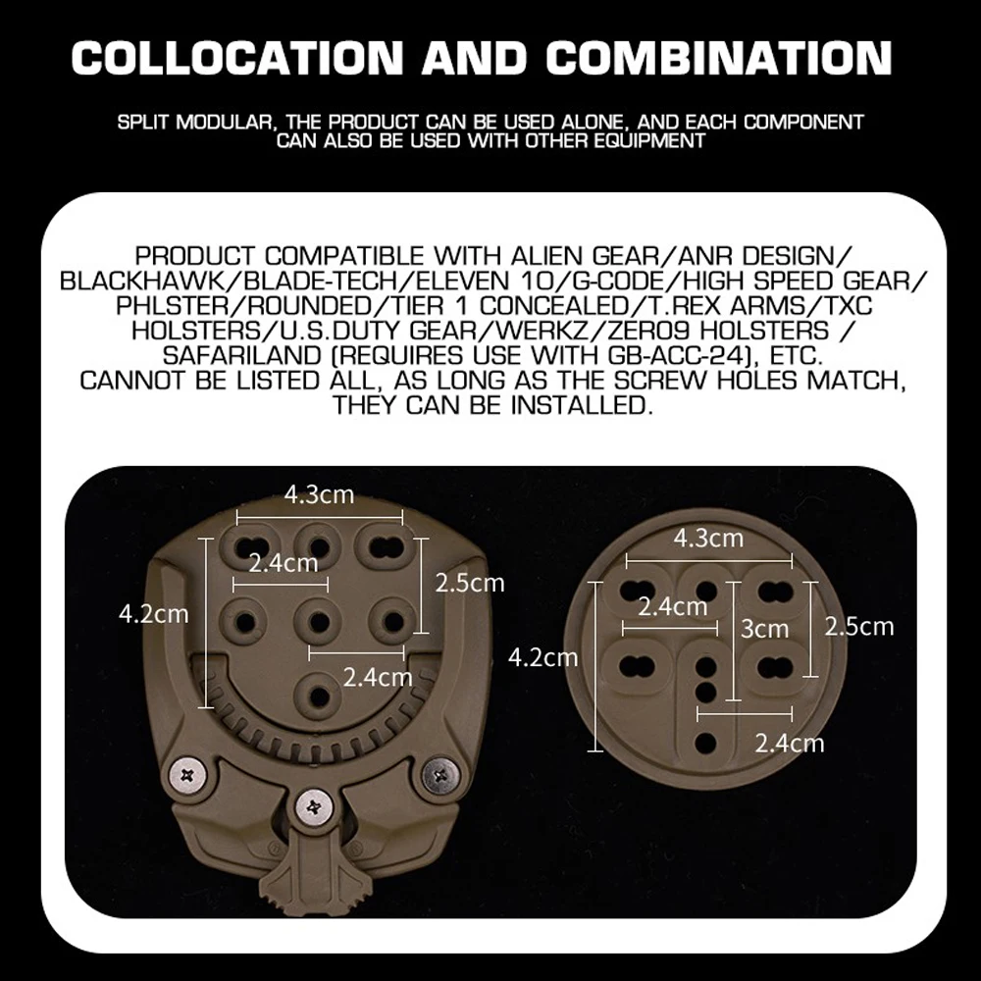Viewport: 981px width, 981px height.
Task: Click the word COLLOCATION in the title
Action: click(x=237, y=58)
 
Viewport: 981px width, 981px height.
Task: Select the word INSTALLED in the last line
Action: click(x=583, y=404)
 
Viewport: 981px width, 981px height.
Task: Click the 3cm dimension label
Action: click(x=764, y=628)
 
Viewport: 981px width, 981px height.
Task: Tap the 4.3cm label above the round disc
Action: click(x=708, y=538)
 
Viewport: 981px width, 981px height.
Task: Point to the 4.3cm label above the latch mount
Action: click(x=319, y=494)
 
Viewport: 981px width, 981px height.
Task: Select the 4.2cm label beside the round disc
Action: click(x=542, y=656)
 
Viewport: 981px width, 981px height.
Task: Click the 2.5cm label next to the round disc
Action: click(x=858, y=626)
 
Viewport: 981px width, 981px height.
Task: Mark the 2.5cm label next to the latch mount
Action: click(x=469, y=583)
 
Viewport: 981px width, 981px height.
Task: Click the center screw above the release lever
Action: click(x=313, y=806)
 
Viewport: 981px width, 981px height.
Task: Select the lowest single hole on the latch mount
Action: click(x=315, y=694)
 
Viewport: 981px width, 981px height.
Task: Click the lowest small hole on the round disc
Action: click(x=704, y=741)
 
